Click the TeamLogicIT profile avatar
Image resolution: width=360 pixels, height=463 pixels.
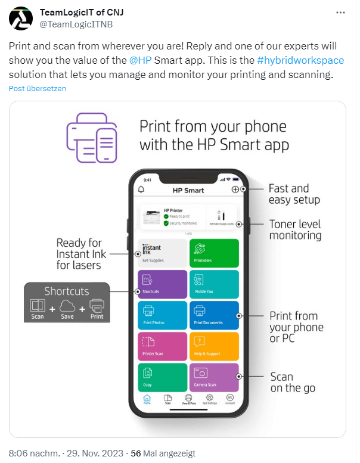[x=21, y=19]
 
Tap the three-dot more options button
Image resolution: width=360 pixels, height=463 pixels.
[x=340, y=13]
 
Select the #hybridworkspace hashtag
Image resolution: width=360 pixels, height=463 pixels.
[x=300, y=61]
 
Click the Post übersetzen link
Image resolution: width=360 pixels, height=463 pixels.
[x=37, y=88]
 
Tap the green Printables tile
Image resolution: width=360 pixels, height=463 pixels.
[x=214, y=253]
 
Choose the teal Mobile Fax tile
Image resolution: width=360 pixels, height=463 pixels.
[x=214, y=284]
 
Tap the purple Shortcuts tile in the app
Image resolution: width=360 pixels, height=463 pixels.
[x=163, y=284]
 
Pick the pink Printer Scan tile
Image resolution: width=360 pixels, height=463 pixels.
[x=163, y=346]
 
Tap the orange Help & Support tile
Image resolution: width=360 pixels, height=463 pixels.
[x=214, y=346]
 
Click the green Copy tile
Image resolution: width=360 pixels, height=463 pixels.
[x=163, y=377]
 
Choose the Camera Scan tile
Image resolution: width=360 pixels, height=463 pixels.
[x=214, y=377]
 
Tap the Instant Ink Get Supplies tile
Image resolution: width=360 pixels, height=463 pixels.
[x=163, y=253]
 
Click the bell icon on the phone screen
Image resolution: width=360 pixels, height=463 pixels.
[x=141, y=189]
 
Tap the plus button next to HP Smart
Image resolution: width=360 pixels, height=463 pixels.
[x=235, y=189]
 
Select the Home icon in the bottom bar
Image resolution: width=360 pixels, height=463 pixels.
[x=147, y=398]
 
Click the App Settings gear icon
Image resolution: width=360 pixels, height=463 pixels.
[x=210, y=398]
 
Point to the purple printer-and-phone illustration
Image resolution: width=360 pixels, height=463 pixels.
[x=91, y=136]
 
